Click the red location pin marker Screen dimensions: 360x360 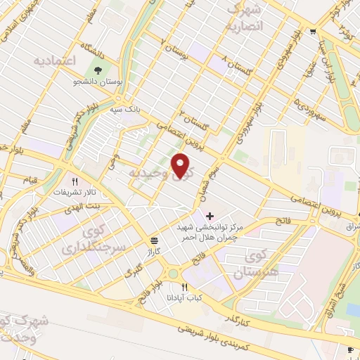(x=182, y=166)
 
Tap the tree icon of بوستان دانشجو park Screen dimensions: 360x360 (x=98, y=70)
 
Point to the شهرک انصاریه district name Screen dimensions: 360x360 (x=243, y=19)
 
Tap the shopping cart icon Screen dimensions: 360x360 (x=312, y=31)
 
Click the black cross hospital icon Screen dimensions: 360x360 (x=209, y=214)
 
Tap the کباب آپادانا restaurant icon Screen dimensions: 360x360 (x=185, y=287)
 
